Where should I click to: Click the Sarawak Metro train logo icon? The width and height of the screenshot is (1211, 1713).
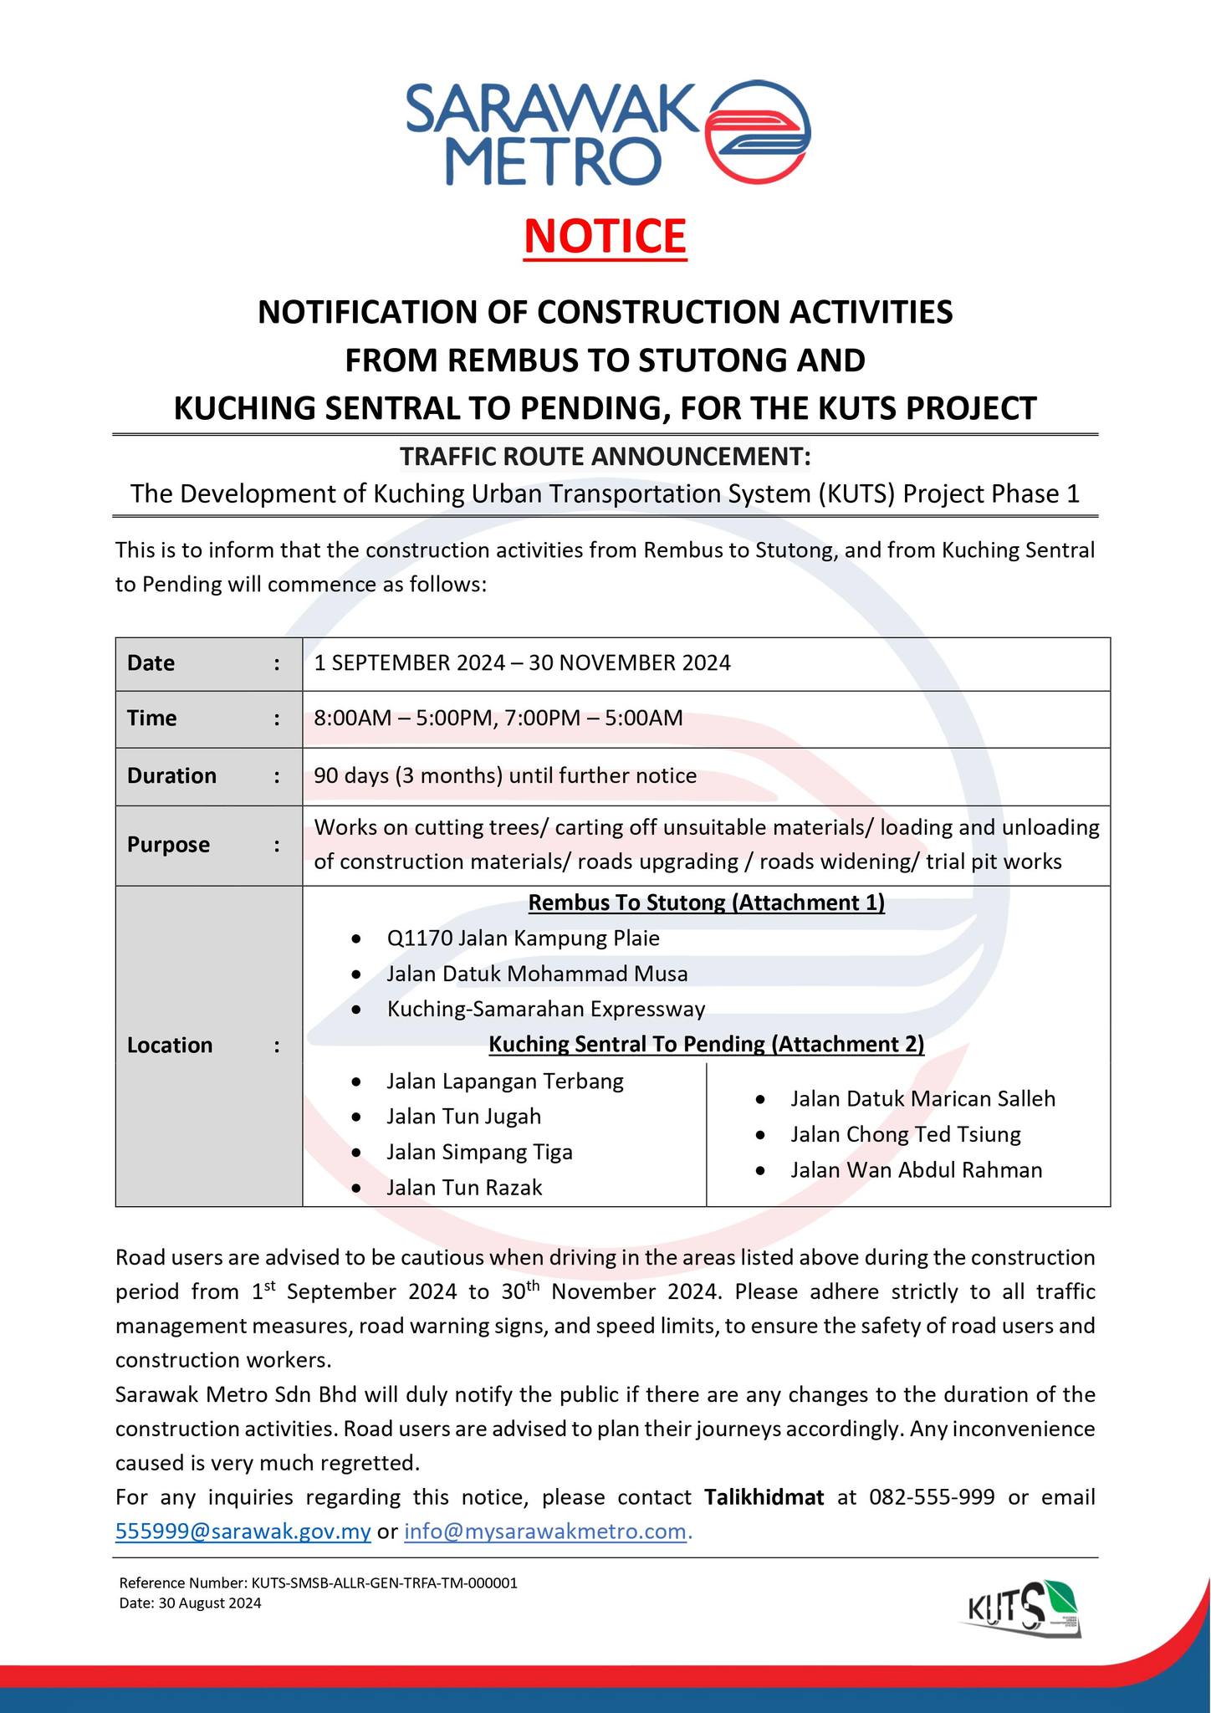pyautogui.click(x=758, y=130)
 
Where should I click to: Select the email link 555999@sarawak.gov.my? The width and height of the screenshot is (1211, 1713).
pyautogui.click(x=243, y=1531)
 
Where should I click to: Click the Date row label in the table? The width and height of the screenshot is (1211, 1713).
pyautogui.click(x=151, y=663)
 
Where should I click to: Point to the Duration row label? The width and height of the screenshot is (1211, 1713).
pyautogui.click(x=171, y=775)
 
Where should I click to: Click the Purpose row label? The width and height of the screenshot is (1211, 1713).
pyautogui.click(x=168, y=845)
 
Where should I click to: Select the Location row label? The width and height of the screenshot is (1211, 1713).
pyautogui.click(x=170, y=1045)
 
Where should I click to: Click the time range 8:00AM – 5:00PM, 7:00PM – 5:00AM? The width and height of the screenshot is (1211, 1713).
pyautogui.click(x=498, y=718)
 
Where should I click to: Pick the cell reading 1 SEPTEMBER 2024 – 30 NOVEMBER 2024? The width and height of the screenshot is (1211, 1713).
pyautogui.click(x=522, y=663)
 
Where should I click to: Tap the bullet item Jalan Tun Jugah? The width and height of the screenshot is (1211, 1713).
pyautogui.click(x=463, y=1116)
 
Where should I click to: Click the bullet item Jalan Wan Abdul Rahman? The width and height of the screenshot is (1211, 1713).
pyautogui.click(x=916, y=1169)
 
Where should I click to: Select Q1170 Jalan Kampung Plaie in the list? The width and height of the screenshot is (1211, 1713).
pyautogui.click(x=523, y=938)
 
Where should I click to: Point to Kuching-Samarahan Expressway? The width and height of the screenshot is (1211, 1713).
pyautogui.click(x=546, y=1009)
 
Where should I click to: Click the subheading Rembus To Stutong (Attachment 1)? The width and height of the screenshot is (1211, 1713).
pyautogui.click(x=707, y=903)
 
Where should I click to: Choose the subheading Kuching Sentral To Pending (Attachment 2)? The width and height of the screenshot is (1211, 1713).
pyautogui.click(x=707, y=1044)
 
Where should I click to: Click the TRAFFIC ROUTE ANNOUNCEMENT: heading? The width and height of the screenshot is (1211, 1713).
pyautogui.click(x=605, y=457)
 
